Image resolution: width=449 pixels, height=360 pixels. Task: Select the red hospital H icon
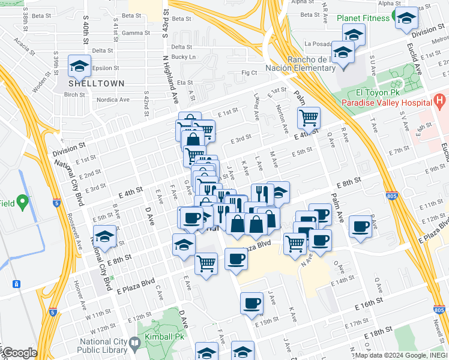(439, 99)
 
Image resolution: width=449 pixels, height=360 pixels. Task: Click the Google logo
(19, 353)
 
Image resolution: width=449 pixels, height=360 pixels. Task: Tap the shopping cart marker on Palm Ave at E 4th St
(308, 118)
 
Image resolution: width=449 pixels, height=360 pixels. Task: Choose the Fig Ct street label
(249, 73)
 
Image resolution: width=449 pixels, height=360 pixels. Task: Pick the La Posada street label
(318, 44)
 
